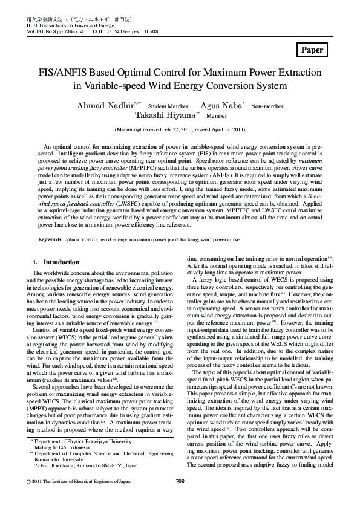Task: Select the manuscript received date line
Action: tap(180, 129)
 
